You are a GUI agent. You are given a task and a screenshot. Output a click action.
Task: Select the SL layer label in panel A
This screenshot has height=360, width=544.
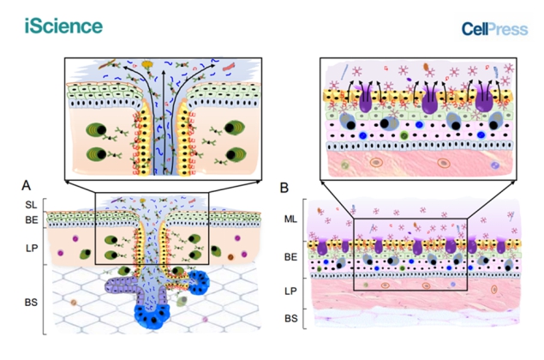point(29,206)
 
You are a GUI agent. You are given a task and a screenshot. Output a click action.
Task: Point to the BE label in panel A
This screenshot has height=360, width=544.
point(29,219)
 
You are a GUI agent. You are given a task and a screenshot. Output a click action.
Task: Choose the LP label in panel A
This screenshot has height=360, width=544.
point(29,247)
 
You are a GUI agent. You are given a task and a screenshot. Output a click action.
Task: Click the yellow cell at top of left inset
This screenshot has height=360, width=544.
point(149,63)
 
